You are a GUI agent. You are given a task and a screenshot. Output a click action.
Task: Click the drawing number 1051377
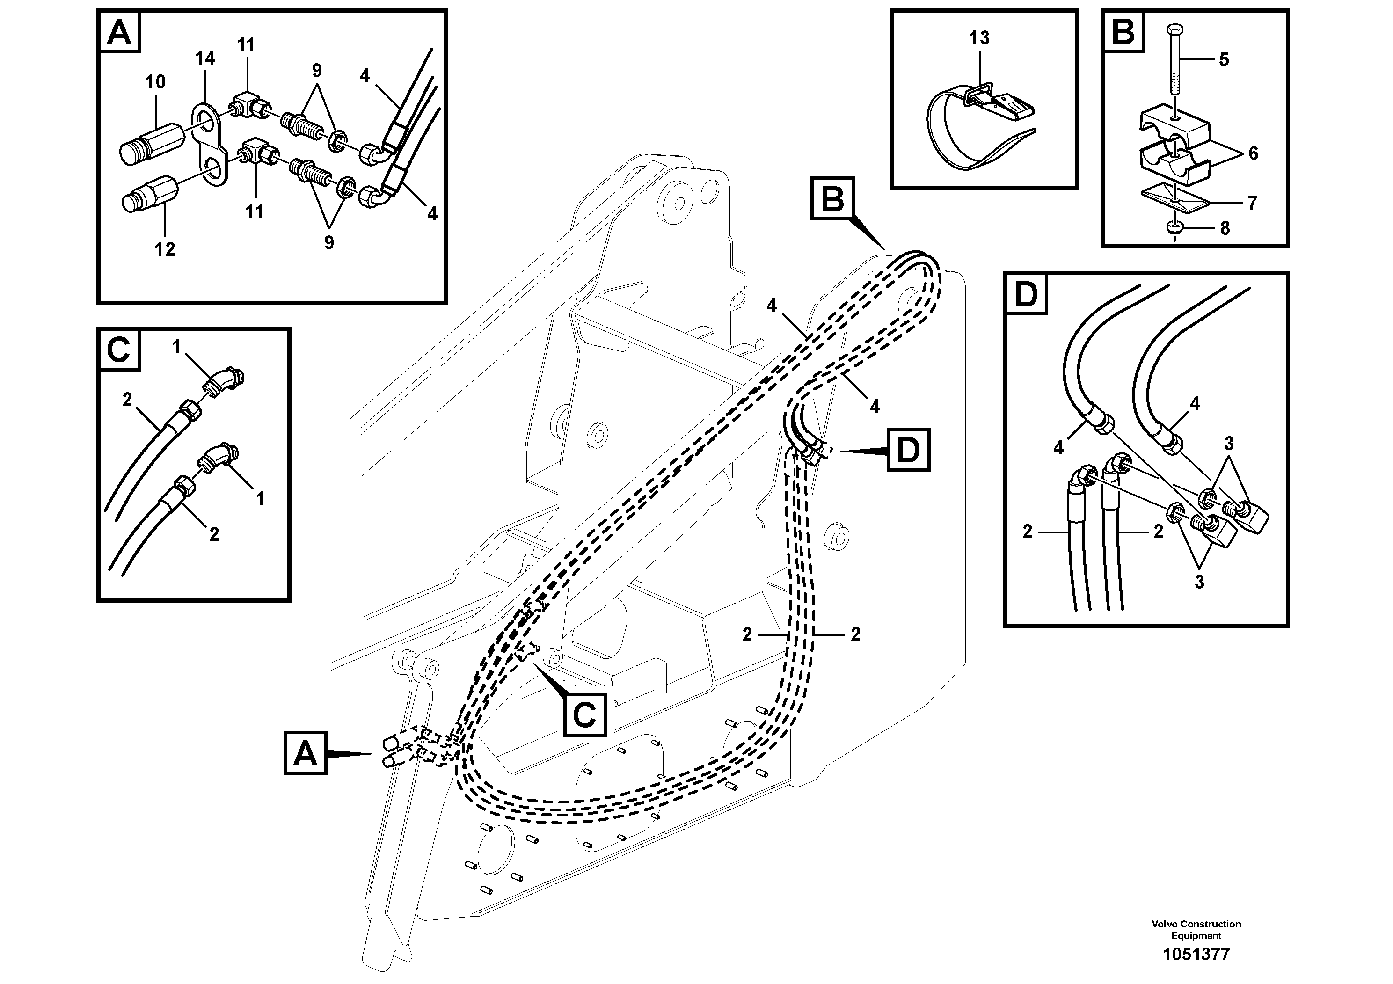(1196, 954)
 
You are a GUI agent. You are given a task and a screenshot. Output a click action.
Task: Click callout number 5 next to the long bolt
(1224, 59)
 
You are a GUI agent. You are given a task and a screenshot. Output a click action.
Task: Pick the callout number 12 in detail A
(164, 249)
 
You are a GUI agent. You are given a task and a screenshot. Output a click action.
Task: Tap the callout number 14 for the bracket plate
(205, 58)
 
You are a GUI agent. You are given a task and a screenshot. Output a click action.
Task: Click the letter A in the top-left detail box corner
(119, 33)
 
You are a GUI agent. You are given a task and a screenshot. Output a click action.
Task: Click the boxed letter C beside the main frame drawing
(585, 714)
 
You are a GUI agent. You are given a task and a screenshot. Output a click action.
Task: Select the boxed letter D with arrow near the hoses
(908, 450)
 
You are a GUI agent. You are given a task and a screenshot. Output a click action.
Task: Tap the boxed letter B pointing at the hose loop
(832, 198)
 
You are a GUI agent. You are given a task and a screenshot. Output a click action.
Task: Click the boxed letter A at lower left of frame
(305, 753)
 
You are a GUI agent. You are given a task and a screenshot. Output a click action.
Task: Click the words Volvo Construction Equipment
(1196, 929)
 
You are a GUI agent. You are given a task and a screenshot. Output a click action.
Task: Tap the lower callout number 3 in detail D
(1199, 582)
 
